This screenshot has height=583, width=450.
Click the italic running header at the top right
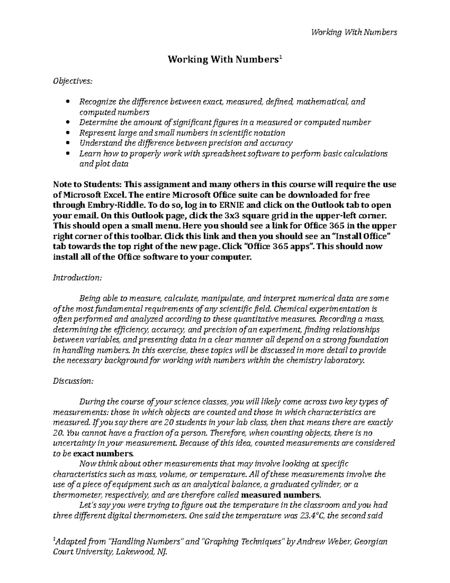(354, 32)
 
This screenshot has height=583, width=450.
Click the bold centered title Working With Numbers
(223, 59)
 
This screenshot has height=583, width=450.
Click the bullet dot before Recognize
(67, 102)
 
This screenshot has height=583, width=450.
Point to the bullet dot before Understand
(67, 143)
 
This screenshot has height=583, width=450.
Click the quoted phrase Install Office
(359, 237)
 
